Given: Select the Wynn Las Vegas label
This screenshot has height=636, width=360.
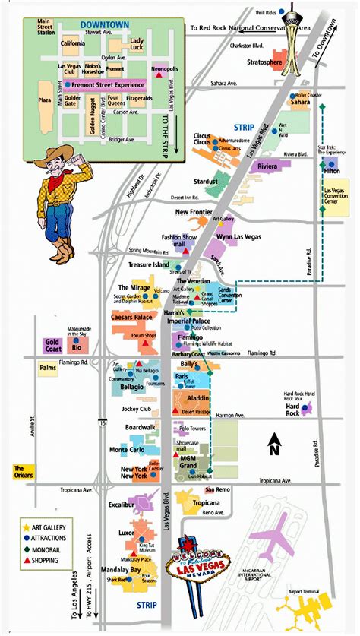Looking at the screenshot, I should [x=239, y=237].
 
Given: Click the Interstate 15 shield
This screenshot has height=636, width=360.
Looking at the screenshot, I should [x=101, y=421].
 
